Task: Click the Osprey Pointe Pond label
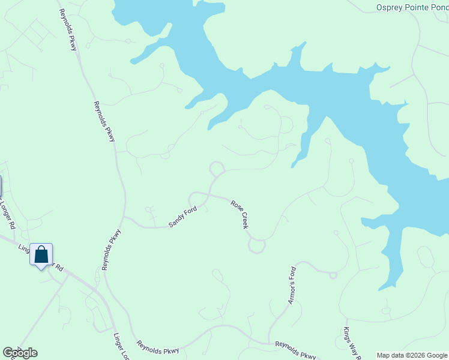[412, 7]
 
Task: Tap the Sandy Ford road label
[183, 217]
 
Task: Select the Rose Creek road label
[240, 214]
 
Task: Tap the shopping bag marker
[41, 255]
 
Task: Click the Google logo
[20, 353]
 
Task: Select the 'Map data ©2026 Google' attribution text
[412, 355]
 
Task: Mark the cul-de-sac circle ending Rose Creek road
[257, 245]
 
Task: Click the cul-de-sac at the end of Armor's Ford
[333, 275]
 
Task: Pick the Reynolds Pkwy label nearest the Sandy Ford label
[111, 250]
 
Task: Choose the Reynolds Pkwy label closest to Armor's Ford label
[295, 350]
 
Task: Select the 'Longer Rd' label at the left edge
[7, 213]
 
